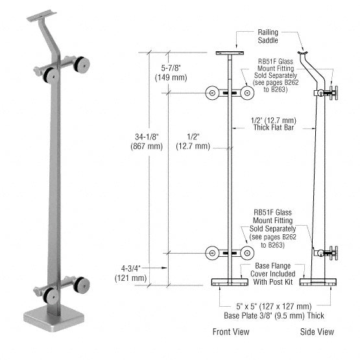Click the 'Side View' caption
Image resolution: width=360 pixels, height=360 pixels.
(318, 332)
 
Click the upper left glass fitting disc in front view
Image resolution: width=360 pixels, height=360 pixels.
(212, 93)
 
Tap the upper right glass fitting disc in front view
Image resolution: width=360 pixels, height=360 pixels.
(246, 93)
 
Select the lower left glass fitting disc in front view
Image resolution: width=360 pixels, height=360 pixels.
(212, 254)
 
